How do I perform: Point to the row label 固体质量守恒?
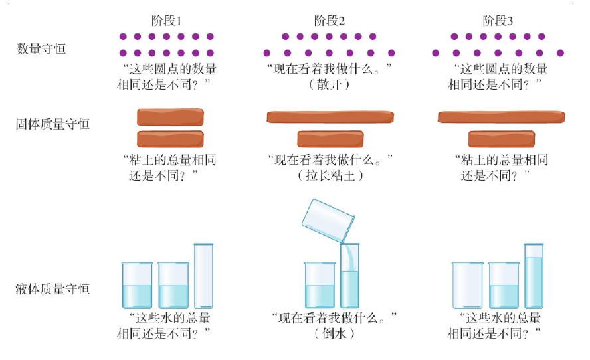tap(52, 123)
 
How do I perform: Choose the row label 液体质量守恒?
tap(52, 289)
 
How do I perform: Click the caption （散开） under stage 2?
tap(330, 84)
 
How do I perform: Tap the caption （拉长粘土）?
tap(330, 176)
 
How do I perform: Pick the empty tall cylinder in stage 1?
tap(203, 276)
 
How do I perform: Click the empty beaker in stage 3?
tap(468, 285)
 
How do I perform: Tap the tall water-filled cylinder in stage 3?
tap(534, 276)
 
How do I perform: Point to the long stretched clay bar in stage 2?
tap(330, 117)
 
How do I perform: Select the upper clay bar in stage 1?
tap(170, 117)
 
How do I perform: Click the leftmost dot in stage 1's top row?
tap(123, 37)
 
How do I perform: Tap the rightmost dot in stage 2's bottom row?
tap(391, 52)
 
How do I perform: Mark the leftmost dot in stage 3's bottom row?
tap(436, 52)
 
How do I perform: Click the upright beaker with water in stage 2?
tap(320, 285)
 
